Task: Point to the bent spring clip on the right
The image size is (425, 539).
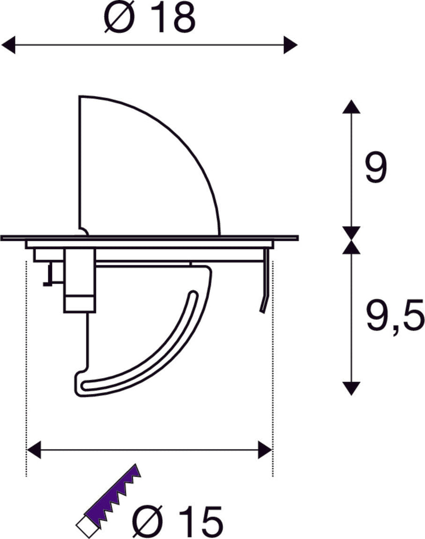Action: (263, 287)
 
